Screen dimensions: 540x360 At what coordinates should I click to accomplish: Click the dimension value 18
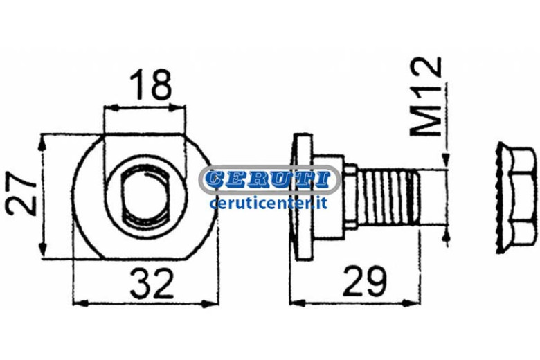click(x=150, y=84)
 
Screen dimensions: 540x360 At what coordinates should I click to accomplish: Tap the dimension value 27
click(x=21, y=195)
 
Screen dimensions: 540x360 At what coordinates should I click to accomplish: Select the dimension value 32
click(x=152, y=285)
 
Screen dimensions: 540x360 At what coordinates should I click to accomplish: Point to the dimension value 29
click(x=365, y=281)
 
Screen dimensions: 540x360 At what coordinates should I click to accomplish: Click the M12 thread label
click(x=426, y=96)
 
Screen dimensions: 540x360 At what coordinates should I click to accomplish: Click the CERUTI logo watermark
click(x=270, y=179)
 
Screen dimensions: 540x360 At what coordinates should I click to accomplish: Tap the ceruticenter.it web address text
click(x=269, y=203)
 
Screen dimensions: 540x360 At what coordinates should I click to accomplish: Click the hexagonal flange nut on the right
click(x=517, y=198)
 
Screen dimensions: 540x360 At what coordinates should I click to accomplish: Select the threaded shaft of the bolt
click(x=388, y=197)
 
